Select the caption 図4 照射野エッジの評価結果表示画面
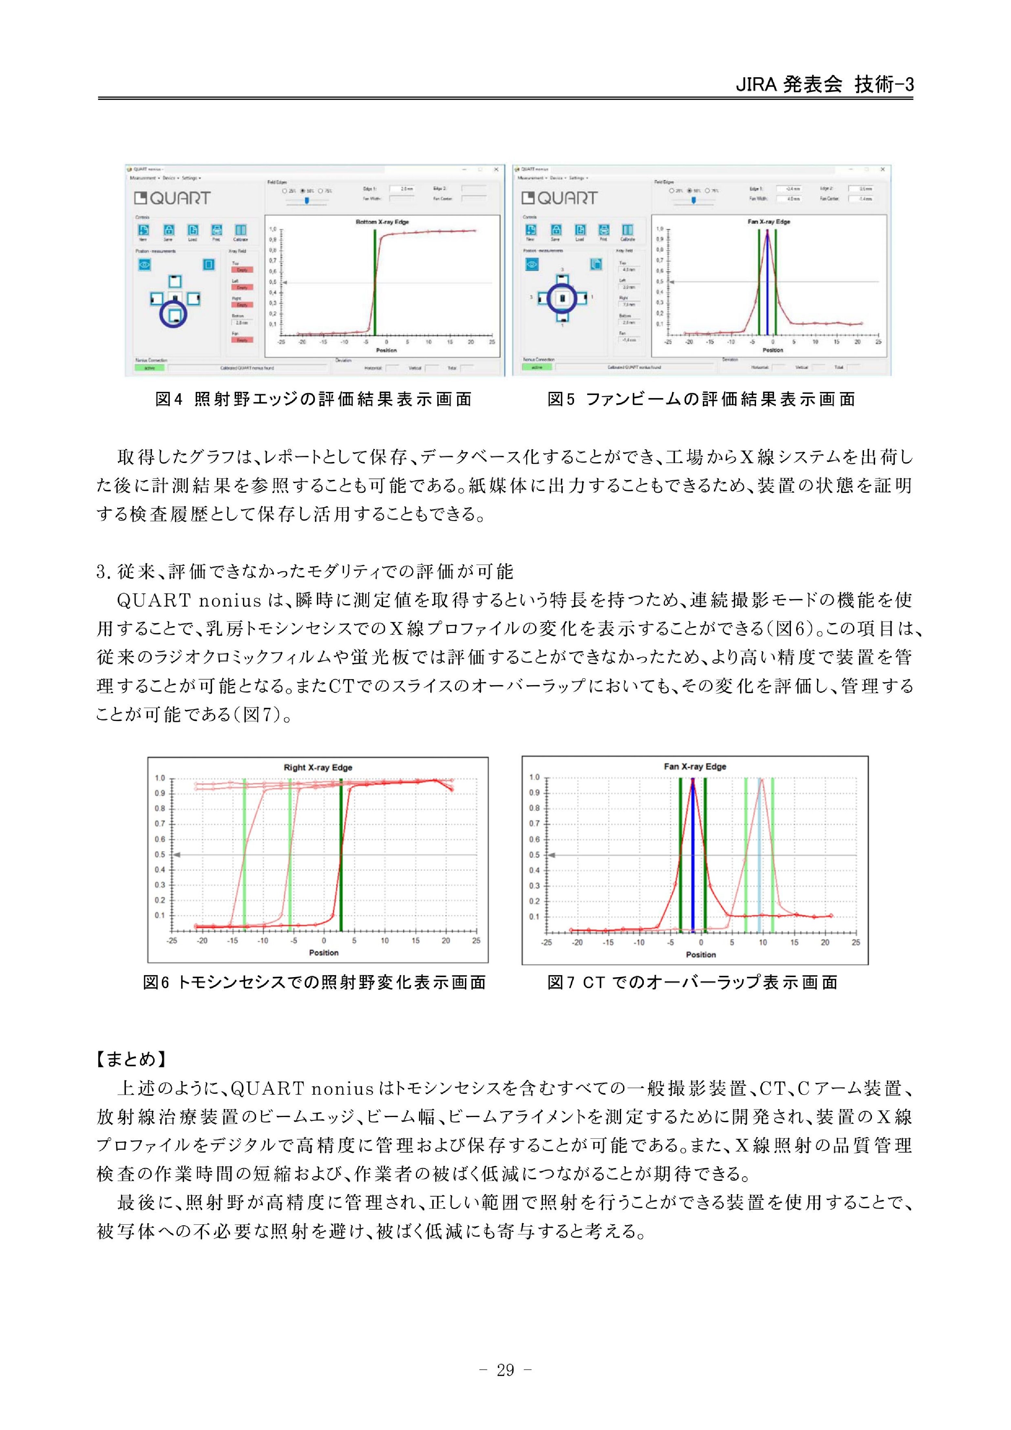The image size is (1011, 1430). pyautogui.click(x=313, y=399)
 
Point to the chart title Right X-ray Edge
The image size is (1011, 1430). pyautogui.click(x=318, y=767)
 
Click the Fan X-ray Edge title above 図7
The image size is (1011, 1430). pyautogui.click(x=694, y=766)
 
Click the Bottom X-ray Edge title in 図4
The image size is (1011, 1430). pyautogui.click(x=382, y=222)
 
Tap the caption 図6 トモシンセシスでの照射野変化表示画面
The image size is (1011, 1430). pyautogui.click(x=315, y=982)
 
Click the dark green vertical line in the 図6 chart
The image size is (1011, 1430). pyautogui.click(x=341, y=872)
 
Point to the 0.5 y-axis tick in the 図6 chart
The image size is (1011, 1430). pyautogui.click(x=160, y=855)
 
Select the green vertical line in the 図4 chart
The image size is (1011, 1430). pyautogui.click(x=375, y=280)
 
